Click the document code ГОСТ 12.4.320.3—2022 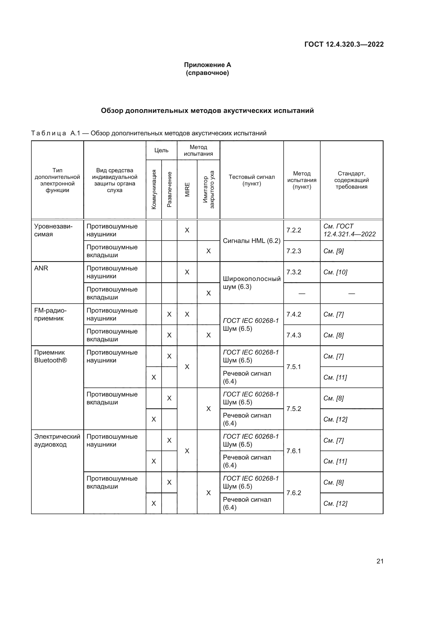click(344, 44)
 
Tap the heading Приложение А click(207, 65)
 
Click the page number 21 click(380, 561)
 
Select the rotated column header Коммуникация click(154, 189)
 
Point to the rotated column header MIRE click(187, 189)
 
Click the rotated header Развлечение click(169, 189)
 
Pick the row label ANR click(41, 268)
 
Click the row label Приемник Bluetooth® click(50, 356)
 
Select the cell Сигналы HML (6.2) click(251, 241)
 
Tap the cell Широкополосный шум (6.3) click(251, 283)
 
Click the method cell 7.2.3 click(294, 251)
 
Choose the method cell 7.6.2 click(294, 493)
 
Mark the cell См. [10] click(335, 272)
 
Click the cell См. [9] click(333, 251)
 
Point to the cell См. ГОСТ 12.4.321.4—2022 click(349, 230)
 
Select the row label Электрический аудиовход click(57, 441)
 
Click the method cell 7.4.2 click(294, 314)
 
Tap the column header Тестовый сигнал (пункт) click(251, 180)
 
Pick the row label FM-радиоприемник click(50, 314)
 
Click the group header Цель click(161, 150)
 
